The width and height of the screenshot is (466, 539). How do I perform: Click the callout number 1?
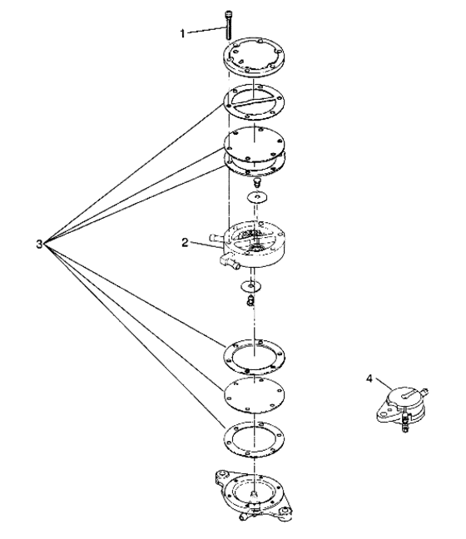tap(182, 33)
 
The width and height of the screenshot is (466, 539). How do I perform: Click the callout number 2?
tap(185, 243)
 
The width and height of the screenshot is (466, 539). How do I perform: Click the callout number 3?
tap(40, 244)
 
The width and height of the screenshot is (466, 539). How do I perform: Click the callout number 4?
tap(369, 378)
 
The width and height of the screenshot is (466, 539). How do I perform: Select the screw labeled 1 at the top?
tap(228, 25)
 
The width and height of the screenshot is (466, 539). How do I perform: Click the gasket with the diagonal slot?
tap(254, 102)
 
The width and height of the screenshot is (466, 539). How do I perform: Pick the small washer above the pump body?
tap(257, 197)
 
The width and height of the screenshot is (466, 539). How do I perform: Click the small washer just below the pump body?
tap(251, 285)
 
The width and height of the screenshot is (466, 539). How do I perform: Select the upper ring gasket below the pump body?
tap(254, 356)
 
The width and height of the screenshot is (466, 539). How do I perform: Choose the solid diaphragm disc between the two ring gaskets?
tap(254, 394)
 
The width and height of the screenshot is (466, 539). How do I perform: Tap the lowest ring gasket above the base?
tap(254, 438)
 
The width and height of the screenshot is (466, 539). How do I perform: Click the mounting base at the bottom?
tap(254, 495)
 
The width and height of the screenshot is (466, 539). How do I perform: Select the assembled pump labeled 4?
tap(403, 408)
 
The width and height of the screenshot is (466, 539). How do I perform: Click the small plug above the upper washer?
tap(257, 182)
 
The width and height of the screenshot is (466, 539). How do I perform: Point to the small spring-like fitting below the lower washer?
tap(250, 300)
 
